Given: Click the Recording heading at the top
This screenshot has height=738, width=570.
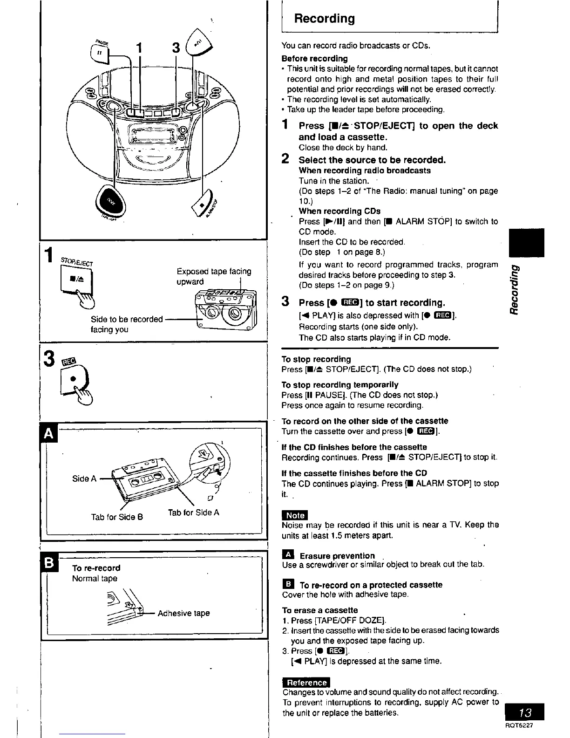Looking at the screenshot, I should click(x=324, y=19).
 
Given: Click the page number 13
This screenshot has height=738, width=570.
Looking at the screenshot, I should click(x=525, y=713).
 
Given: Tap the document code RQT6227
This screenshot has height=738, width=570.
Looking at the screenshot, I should click(x=520, y=725).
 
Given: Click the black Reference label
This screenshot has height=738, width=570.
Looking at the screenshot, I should click(x=305, y=683).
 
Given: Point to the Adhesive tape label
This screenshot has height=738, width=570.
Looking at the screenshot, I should click(x=183, y=613).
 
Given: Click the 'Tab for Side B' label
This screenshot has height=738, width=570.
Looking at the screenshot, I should click(x=117, y=517).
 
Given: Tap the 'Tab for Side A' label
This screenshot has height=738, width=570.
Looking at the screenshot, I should click(x=193, y=512).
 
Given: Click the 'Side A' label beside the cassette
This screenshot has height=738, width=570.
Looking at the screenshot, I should click(x=84, y=478).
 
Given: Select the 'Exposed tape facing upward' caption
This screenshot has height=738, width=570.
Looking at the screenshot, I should click(x=214, y=276).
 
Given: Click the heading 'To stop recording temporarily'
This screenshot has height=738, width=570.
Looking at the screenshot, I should click(x=340, y=385).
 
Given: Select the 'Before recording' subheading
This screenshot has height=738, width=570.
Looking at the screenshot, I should click(x=314, y=59).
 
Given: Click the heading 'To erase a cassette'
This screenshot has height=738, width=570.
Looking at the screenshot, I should click(x=320, y=610).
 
